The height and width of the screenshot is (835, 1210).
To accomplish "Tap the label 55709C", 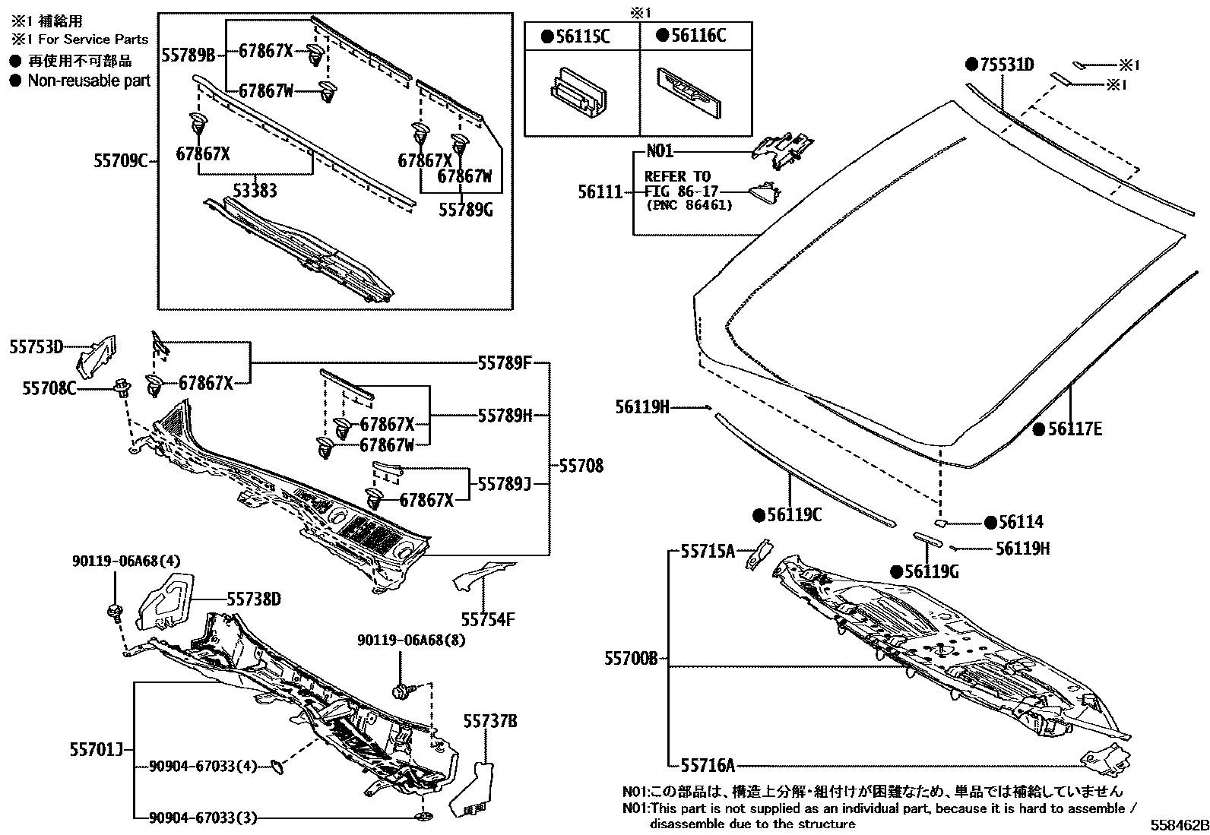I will pyautogui.click(x=120, y=161).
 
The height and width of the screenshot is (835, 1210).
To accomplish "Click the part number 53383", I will pyautogui.click(x=255, y=191).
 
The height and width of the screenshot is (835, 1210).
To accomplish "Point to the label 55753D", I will pyautogui.click(x=36, y=347).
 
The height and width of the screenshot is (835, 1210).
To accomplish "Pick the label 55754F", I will pyautogui.click(x=489, y=619).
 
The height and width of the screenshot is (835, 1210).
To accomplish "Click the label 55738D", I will pyautogui.click(x=253, y=600).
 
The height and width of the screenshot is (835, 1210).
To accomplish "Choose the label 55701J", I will pyautogui.click(x=95, y=749).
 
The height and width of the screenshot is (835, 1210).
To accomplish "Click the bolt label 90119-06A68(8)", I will pyautogui.click(x=411, y=640).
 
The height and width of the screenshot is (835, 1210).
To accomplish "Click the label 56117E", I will pyautogui.click(x=1074, y=429).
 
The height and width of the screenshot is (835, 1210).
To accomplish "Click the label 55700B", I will pyautogui.click(x=631, y=659).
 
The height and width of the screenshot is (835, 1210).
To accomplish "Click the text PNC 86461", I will pyautogui.click(x=689, y=205).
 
